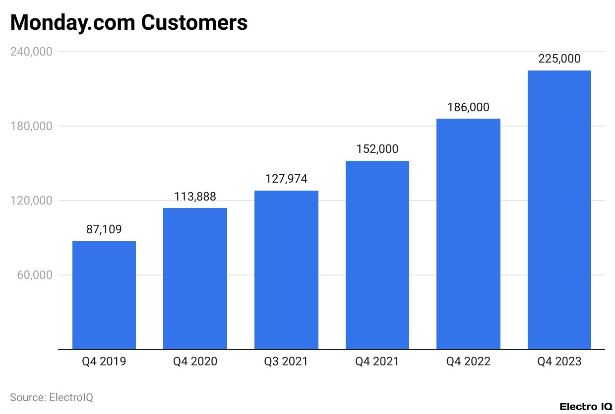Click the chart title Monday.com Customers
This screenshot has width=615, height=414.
[129, 23]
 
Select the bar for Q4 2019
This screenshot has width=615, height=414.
[104, 295]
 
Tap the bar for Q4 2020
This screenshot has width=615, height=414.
[195, 278]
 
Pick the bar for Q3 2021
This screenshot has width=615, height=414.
[286, 270]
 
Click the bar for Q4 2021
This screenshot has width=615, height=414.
[377, 255]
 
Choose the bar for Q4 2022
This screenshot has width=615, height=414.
[468, 234]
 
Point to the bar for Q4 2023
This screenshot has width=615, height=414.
[559, 210]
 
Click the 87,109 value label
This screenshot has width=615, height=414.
[104, 229]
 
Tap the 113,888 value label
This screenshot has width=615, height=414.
[195, 197]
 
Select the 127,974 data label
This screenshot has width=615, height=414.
[286, 179]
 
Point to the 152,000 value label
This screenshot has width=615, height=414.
[377, 149]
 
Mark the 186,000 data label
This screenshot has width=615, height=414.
[468, 107]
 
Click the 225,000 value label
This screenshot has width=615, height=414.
[559, 59]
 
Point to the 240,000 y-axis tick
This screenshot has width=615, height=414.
[31, 52]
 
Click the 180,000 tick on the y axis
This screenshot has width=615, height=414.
[31, 126]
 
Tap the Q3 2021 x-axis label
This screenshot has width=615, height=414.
[286, 361]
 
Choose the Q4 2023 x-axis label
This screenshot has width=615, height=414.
[559, 361]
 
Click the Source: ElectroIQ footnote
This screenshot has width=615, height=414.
[52, 397]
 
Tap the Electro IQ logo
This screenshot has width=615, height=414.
[586, 407]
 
